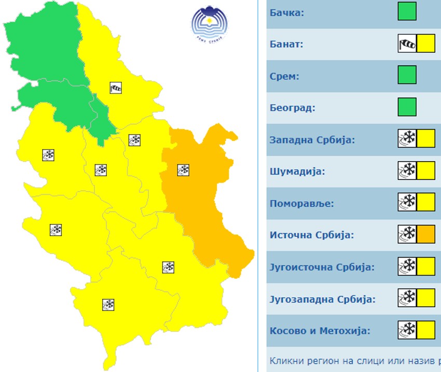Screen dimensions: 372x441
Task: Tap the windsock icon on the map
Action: pyautogui.click(x=116, y=88)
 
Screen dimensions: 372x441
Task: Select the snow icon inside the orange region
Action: pyautogui.click(x=183, y=170)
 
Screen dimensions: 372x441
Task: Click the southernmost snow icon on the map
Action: pyautogui.click(x=108, y=305)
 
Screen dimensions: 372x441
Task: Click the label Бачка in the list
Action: pyautogui.click(x=286, y=12)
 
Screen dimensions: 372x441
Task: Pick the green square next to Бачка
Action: pyautogui.click(x=407, y=11)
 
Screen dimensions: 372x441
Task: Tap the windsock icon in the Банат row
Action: pyautogui.click(x=407, y=44)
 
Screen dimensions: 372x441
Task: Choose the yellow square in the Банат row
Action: pyautogui.click(x=426, y=44)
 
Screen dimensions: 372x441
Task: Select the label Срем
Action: pyautogui.click(x=285, y=76)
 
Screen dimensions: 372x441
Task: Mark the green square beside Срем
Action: pyautogui.click(x=407, y=75)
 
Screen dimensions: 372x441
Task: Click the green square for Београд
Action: pyautogui.click(x=407, y=107)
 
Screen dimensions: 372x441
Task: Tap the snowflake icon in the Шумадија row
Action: pyautogui.click(x=407, y=170)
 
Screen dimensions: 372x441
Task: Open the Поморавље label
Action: pyautogui.click(x=301, y=203)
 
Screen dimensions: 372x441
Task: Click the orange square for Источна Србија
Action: pyautogui.click(x=426, y=234)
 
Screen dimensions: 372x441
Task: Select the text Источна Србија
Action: pyautogui.click(x=311, y=235)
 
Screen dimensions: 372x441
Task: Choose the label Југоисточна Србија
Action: pyautogui.click(x=322, y=267)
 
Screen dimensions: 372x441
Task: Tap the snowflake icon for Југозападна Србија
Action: pyautogui.click(x=407, y=298)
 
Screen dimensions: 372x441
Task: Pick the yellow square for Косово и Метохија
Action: pyautogui.click(x=426, y=330)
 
